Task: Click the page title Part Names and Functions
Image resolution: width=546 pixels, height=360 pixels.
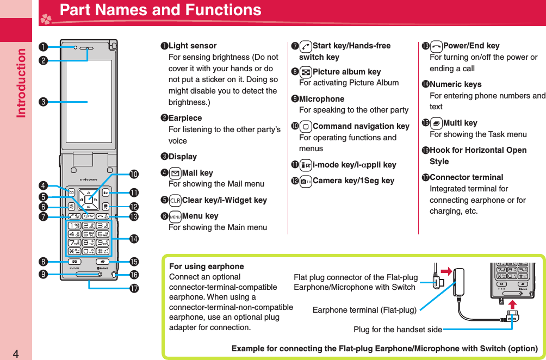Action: click(x=160, y=10)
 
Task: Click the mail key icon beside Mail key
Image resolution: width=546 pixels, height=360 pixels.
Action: click(x=175, y=173)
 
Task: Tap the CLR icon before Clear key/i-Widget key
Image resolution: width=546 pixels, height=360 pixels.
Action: click(x=175, y=200)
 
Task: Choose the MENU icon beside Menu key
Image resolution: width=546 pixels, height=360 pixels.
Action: click(x=175, y=216)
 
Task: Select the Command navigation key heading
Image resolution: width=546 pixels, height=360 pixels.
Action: click(x=361, y=126)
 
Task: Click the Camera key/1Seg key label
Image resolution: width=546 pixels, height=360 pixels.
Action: click(x=353, y=181)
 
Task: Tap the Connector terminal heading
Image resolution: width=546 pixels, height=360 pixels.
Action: click(x=466, y=177)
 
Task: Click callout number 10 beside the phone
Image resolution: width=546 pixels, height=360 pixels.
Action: click(x=134, y=174)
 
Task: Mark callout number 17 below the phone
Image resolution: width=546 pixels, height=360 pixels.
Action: click(x=134, y=288)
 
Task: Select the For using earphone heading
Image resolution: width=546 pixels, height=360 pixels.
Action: click(x=206, y=266)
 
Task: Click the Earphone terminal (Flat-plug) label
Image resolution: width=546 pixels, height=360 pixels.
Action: click(x=364, y=310)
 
